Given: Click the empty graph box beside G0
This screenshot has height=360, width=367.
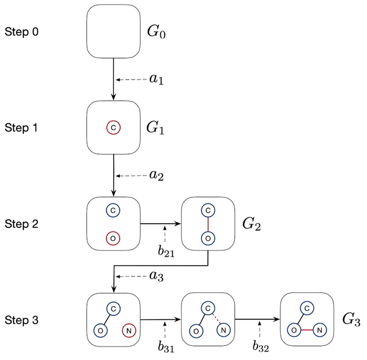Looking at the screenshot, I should tap(114, 31).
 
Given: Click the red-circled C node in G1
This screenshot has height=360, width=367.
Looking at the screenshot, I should tap(114, 128).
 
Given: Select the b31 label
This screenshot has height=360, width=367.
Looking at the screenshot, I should tap(166, 347).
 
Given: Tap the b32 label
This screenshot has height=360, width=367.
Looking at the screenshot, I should tap(261, 347).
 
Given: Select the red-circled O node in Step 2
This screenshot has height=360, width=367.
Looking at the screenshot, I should tap(113, 237).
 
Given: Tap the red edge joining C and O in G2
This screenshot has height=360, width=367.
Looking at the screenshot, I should tap(208, 224).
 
